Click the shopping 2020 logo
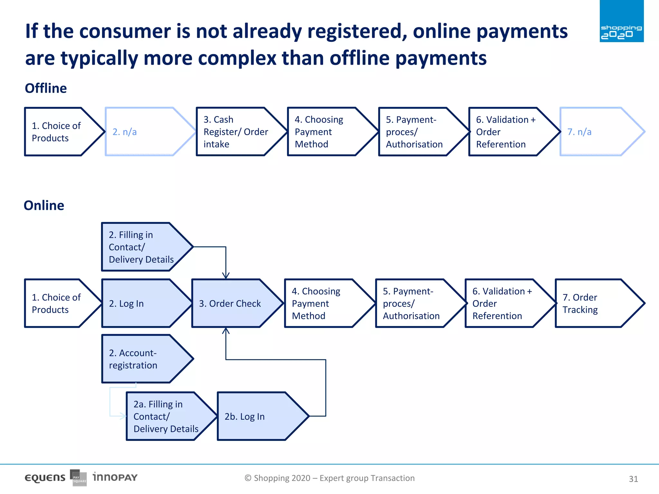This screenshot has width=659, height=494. tap(621, 21)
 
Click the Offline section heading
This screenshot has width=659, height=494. tap(46, 88)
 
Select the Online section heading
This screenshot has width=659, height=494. tap(44, 206)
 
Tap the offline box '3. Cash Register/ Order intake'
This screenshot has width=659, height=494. tap(237, 132)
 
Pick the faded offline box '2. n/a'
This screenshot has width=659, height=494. tap(145, 132)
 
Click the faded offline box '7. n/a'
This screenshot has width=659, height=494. tap(597, 132)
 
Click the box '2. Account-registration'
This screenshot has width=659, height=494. tap(142, 359)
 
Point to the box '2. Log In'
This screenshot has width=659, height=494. tap(142, 303)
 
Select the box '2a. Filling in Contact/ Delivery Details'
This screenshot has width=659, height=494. tap(166, 416)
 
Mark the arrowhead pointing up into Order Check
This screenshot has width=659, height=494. tap(226, 331)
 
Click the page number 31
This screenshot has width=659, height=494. tap(633, 479)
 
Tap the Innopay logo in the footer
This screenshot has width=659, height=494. tap(115, 477)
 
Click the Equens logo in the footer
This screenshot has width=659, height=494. tap(45, 478)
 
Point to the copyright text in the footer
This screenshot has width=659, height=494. tap(329, 478)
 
